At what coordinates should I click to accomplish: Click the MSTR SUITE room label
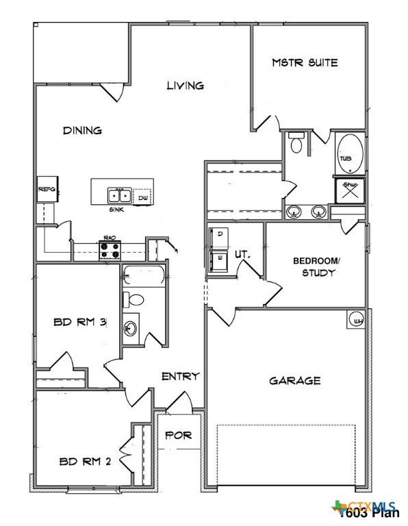coord(305,63)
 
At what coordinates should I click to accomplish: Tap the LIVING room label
coord(186,86)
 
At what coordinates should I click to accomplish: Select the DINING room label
coord(82,130)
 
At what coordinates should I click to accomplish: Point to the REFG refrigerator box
coord(46,189)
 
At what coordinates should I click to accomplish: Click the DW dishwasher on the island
coord(142,198)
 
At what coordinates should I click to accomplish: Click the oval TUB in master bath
coord(346,154)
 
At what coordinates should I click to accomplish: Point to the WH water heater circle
coord(357,319)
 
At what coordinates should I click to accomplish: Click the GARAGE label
coord(294,380)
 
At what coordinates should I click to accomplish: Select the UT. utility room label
coord(242,254)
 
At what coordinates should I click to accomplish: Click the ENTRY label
coord(180,376)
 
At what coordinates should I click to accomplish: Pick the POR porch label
coord(179,435)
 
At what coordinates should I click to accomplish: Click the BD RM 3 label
coord(79,322)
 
